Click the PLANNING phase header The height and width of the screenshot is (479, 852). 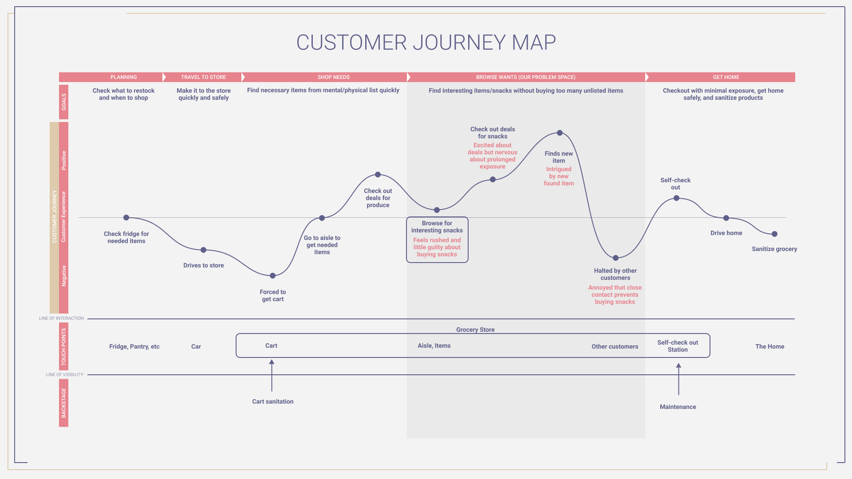point(123,77)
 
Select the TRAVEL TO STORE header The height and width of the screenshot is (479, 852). point(203,77)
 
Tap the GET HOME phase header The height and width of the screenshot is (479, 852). point(726,77)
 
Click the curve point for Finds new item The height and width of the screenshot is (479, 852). point(560,133)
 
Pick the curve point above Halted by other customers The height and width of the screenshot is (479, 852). point(615,258)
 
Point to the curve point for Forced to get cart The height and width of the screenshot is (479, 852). point(272,276)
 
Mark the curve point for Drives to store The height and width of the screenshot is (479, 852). point(203,250)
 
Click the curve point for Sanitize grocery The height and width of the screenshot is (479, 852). point(774,234)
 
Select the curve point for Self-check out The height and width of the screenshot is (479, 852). point(676,198)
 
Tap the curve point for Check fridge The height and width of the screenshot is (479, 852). point(126,218)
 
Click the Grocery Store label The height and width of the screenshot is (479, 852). point(475,330)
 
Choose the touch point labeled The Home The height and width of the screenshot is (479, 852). point(769,346)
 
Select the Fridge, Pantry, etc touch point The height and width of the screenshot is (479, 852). point(134,346)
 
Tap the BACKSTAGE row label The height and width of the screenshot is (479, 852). point(63,403)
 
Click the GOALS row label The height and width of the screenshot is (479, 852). point(63,102)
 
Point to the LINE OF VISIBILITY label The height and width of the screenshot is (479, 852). point(65,375)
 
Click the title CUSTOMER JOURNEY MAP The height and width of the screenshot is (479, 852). point(426,43)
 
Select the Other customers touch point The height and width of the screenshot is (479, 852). point(615,346)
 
